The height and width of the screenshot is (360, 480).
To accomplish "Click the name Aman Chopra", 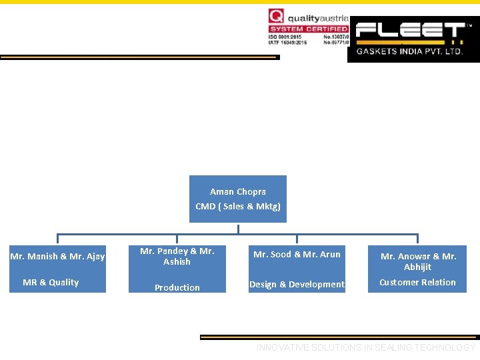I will (x=238, y=191).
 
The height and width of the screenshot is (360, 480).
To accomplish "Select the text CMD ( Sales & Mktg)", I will (x=238, y=206).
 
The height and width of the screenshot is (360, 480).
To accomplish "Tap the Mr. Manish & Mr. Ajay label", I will (x=57, y=256).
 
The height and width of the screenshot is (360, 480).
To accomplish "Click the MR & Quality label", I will (x=51, y=282).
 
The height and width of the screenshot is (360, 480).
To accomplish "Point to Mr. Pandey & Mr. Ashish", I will (x=177, y=256).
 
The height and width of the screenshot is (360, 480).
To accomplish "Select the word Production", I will (x=177, y=287).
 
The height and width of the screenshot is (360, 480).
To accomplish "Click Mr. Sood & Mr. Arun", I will (x=297, y=254).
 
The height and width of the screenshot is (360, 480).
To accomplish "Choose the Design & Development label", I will (x=297, y=284).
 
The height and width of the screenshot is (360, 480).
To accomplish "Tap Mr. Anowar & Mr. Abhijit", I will (x=418, y=261).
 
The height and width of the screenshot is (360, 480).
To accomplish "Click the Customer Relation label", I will (x=417, y=282).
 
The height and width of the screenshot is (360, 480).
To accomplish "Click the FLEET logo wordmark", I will (x=409, y=31).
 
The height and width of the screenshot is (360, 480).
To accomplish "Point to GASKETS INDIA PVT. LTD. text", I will (x=409, y=51).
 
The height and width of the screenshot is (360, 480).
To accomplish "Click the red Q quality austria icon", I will (x=275, y=16).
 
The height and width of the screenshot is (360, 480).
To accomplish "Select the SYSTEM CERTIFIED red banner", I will (x=308, y=29).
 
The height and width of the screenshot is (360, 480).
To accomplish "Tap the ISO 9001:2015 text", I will (x=287, y=37).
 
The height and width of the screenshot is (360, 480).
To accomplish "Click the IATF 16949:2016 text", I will (x=287, y=43).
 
